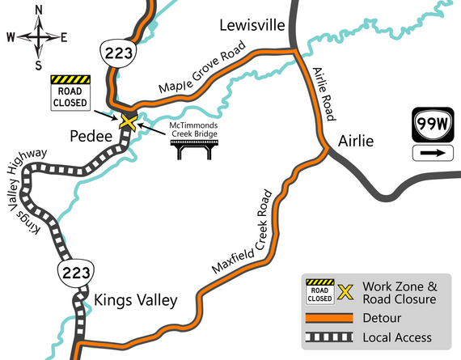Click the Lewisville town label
pos(253,26)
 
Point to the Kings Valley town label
pos(136,300)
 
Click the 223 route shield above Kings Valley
pos(70,269)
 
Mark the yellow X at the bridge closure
pos(128,121)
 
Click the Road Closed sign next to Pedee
pos(70,92)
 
